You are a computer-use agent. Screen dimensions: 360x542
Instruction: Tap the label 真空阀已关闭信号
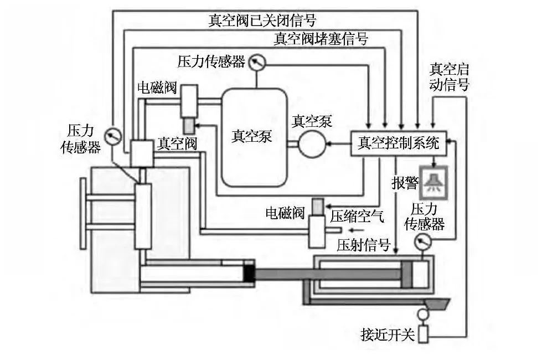coord(262,20)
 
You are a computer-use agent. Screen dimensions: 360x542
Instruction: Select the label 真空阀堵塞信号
coord(321,39)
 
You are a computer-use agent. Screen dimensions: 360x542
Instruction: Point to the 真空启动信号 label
coord(449,78)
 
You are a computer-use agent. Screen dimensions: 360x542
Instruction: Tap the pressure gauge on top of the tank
coord(256,61)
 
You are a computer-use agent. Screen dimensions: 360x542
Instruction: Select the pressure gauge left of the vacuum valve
coord(113,135)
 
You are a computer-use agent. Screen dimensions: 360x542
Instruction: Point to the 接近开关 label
coord(387,335)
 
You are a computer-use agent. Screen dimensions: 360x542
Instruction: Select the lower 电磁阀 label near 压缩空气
coord(285,213)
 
